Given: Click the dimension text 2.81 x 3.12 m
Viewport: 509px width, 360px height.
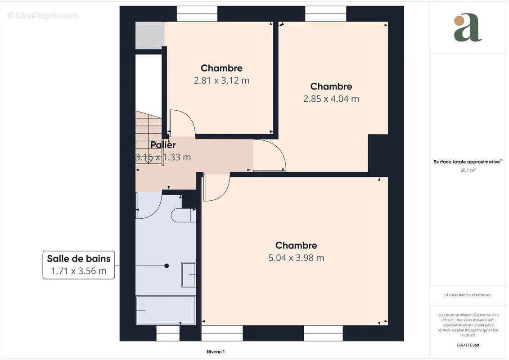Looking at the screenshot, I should point(221,81).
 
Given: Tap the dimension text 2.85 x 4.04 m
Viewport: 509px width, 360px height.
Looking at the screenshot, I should point(331,99).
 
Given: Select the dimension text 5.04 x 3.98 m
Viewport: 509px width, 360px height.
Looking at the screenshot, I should point(296,258).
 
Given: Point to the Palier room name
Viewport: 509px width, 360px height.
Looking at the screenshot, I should point(163,145).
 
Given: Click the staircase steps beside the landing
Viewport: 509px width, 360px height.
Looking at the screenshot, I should point(148,130).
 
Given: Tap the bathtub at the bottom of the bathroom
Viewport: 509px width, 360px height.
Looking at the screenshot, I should point(166,310).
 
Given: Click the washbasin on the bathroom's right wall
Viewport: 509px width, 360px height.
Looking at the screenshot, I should point(189,274).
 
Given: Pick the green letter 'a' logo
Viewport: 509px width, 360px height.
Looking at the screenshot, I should point(468,28).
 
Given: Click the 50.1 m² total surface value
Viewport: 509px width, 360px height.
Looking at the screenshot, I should point(468,170).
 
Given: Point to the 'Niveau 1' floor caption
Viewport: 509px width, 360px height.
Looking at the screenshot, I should point(216,352).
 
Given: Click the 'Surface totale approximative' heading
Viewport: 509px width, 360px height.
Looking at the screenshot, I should point(468,162).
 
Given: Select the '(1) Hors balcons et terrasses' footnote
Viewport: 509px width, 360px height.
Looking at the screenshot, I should point(468,295).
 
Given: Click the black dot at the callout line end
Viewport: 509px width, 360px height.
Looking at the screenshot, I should point(167,266).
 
